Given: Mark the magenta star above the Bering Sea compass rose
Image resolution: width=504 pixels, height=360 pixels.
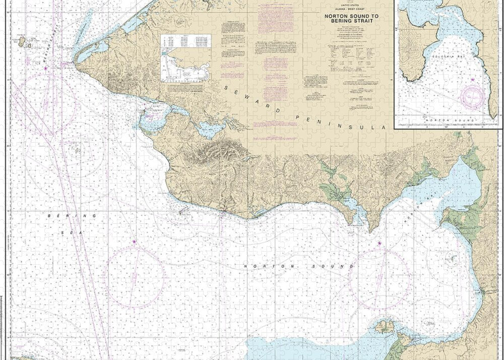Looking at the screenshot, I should click(x=134, y=243).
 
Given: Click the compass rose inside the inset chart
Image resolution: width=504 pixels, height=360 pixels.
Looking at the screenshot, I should click(x=473, y=95).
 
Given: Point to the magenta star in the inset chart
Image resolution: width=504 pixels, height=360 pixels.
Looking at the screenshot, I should click(x=472, y=79).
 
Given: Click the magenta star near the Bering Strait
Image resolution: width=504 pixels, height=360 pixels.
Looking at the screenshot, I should click(x=46, y=68).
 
